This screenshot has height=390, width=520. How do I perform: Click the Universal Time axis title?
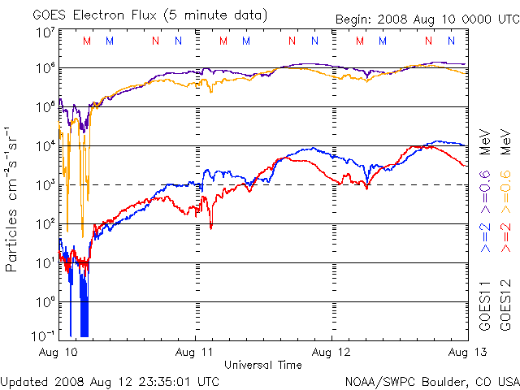(x=263, y=365)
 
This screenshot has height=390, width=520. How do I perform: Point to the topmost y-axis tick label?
(x=45, y=33)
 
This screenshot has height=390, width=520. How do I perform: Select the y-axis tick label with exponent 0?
(x=45, y=301)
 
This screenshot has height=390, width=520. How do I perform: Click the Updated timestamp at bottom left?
(x=110, y=380)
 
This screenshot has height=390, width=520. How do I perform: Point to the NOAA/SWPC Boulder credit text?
(x=431, y=380)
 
